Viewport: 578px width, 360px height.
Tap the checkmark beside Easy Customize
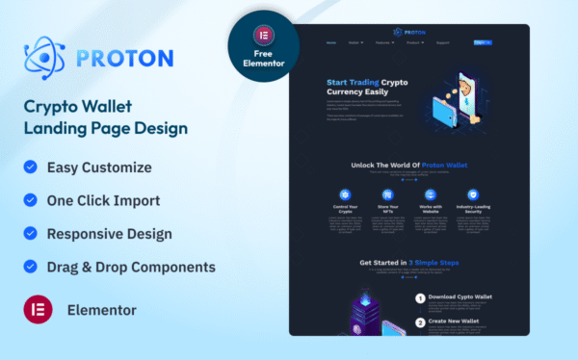point(29,167)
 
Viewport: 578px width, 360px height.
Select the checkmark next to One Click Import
point(29,200)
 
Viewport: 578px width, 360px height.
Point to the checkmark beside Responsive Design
point(29,234)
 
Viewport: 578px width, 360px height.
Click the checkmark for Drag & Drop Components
point(29,267)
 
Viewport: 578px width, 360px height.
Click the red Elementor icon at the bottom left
point(37,310)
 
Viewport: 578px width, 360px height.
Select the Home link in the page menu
point(331,42)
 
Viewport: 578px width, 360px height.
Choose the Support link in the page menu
point(443,42)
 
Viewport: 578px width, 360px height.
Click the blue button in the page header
point(483,42)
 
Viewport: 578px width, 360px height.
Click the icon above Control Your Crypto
point(346,194)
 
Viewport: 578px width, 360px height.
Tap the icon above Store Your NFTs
point(387,194)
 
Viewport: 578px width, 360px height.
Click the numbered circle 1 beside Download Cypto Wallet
point(420,297)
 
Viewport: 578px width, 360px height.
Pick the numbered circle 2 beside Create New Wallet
point(420,322)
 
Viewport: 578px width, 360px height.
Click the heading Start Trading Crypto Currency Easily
point(368,87)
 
